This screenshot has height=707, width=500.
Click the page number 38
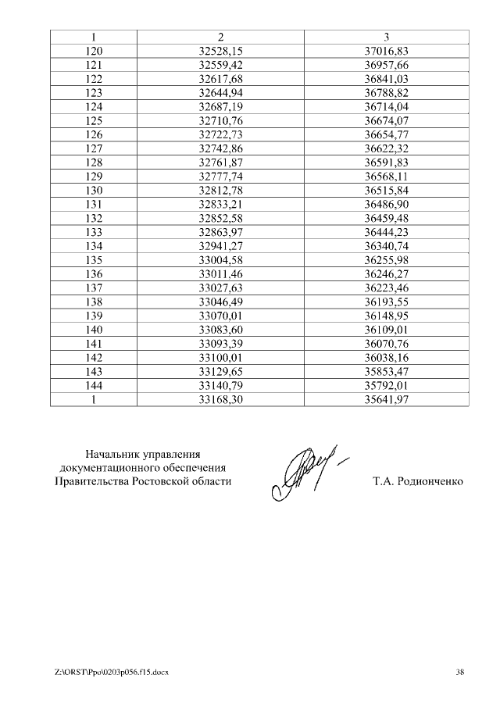(459, 672)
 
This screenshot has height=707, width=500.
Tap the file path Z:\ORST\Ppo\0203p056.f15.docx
(112, 672)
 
